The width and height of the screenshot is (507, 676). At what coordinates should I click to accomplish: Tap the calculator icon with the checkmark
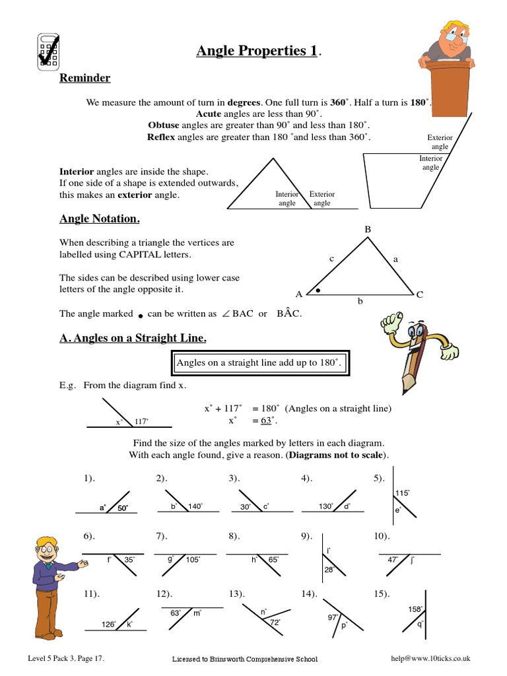[x=46, y=51]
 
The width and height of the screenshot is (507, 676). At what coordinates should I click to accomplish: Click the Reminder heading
[x=84, y=79]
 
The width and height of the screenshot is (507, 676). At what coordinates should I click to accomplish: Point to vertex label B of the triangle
[x=368, y=229]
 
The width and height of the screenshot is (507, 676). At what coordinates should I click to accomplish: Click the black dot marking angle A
[x=318, y=290]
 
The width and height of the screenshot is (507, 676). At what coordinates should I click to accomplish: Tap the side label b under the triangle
[x=360, y=301]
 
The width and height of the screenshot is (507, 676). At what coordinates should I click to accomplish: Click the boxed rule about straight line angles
[x=256, y=363]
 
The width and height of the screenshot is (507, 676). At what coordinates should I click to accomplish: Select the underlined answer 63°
[x=267, y=421]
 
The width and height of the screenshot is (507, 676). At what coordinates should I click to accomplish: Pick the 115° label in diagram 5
[x=402, y=493]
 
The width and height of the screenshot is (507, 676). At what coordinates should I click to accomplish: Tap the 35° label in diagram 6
[x=129, y=559]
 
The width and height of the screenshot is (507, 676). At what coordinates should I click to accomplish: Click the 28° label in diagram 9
[x=329, y=569]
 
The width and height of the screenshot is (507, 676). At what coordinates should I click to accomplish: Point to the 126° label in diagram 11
[x=109, y=624]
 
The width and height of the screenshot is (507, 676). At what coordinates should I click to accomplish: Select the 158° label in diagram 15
[x=415, y=610]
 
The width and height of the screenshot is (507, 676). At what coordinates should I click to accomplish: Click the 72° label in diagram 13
[x=274, y=622]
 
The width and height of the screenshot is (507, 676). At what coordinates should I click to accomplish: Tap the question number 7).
[x=162, y=535]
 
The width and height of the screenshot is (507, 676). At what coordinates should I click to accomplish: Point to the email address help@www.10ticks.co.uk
[x=430, y=658]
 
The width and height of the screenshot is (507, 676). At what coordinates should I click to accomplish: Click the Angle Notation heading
[x=99, y=219]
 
